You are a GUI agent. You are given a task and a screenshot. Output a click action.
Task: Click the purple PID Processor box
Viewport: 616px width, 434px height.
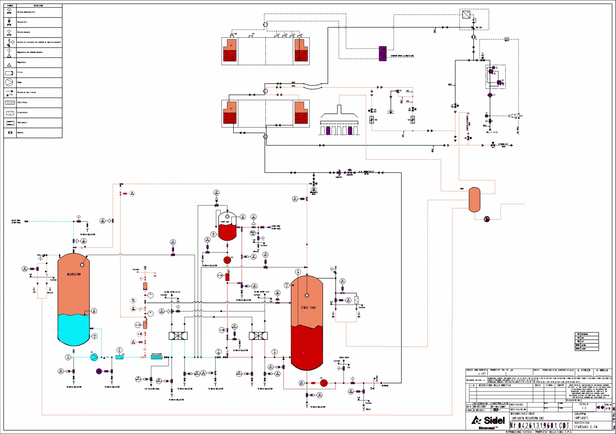pyautogui.click(x=383, y=54)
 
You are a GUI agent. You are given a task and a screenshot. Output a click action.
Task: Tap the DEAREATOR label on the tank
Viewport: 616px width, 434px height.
pyautogui.click(x=74, y=274)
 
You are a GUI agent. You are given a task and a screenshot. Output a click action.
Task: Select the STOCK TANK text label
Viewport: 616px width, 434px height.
pyautogui.click(x=308, y=308)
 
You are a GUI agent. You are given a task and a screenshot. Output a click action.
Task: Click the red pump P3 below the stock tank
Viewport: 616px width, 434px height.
pyautogui.click(x=324, y=383)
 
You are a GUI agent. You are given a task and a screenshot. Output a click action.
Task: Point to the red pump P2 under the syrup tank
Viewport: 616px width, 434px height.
pyautogui.click(x=227, y=260)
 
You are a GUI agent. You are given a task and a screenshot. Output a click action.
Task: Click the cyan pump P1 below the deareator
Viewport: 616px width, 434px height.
pyautogui.click(x=94, y=357)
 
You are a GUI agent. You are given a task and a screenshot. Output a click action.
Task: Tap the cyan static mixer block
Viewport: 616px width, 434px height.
pyautogui.click(x=156, y=357)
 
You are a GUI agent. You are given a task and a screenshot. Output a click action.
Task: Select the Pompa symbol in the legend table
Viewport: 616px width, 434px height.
pyautogui.click(x=9, y=82)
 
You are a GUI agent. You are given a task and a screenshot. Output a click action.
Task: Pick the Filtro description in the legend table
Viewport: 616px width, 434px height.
pyautogui.click(x=20, y=72)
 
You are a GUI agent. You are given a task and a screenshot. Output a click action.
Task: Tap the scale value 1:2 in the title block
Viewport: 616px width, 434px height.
pyautogui.click(x=584, y=408)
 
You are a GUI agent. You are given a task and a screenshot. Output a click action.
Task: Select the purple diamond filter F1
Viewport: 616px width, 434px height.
pyautogui.click(x=490, y=95)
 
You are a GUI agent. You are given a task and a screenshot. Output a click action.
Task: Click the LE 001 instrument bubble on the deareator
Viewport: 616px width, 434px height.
pyautogui.click(x=94, y=311)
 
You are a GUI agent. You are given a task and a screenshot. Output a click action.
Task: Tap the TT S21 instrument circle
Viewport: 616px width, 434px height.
pyautogui.click(x=68, y=357)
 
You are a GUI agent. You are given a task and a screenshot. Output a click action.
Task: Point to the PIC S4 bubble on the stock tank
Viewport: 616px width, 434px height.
pyautogui.click(x=287, y=285)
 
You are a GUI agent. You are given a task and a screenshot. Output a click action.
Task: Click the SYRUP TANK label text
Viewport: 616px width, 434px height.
pyautogui.click(x=225, y=222)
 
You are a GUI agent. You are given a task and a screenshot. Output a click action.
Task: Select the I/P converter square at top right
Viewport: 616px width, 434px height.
pyautogui.click(x=466, y=14)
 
